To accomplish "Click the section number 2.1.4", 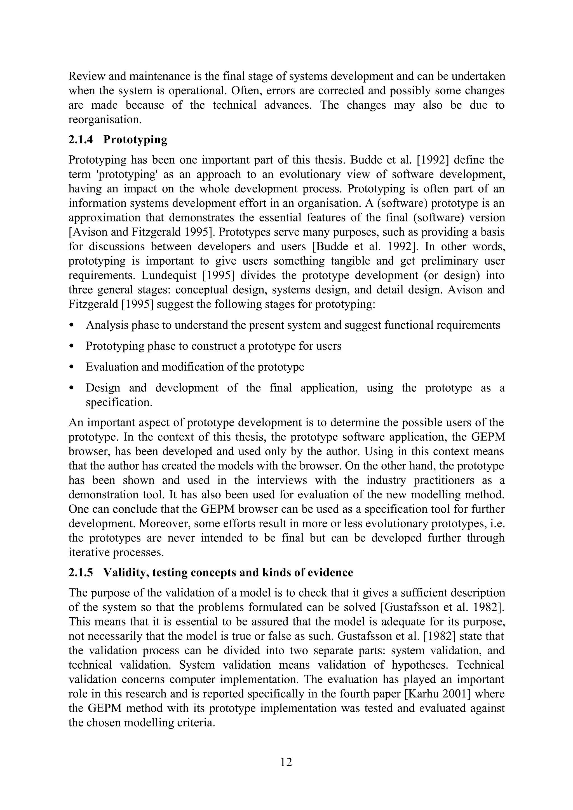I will (x=81, y=140).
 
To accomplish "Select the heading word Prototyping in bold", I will (x=135, y=140).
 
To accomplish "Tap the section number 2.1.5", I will (x=81, y=572).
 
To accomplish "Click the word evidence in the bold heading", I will (x=328, y=572).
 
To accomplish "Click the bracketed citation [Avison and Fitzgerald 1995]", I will (x=140, y=232).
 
